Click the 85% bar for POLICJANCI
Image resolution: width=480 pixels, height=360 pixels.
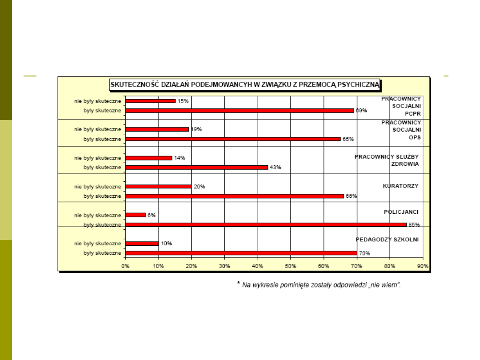266,224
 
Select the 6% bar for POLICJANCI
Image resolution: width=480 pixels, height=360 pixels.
136,215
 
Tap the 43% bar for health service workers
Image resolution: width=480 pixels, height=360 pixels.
196,168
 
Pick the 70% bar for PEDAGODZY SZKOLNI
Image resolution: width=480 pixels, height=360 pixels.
241,253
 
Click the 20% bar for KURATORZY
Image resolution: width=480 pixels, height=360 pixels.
158,187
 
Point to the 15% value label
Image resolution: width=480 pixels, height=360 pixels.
183,101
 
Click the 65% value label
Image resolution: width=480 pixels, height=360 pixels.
348,139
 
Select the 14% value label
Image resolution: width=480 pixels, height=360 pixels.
180,158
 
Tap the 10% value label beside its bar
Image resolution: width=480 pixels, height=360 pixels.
166,244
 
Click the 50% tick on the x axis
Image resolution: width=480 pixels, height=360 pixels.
290,266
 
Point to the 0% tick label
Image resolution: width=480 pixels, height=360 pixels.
125,266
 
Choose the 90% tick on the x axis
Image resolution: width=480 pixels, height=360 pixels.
422,266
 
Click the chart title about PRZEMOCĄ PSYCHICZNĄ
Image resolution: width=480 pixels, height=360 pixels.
245,84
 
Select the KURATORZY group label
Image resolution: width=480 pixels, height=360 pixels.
400,186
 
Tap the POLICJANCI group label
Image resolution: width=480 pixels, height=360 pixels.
401,212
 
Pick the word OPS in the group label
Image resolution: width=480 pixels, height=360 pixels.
415,137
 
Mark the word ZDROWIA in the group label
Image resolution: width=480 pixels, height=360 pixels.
404,164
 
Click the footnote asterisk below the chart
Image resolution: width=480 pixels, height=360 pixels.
238,283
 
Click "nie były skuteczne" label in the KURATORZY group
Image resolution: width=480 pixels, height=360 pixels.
97,187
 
